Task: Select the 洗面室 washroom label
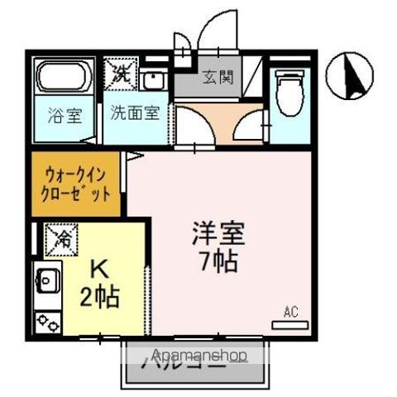click(135, 113)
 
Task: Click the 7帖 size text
click(218, 263)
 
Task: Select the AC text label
click(290, 312)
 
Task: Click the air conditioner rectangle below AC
click(289, 326)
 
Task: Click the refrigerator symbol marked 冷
click(62, 240)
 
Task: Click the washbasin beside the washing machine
click(153, 81)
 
